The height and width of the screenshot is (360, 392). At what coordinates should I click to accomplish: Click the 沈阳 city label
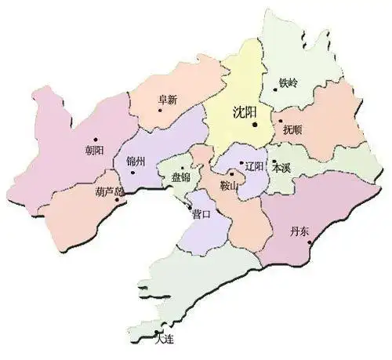point(245,112)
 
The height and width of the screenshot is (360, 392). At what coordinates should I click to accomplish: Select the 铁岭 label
point(289,82)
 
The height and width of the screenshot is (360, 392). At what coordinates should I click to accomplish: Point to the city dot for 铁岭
point(275,89)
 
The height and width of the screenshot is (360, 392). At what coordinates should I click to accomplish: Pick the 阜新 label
point(168,100)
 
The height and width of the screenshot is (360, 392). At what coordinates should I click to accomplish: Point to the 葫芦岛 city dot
point(118,199)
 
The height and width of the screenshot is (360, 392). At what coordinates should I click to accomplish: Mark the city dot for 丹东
point(310,242)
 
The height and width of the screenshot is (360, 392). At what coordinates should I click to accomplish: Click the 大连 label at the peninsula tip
point(163,338)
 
